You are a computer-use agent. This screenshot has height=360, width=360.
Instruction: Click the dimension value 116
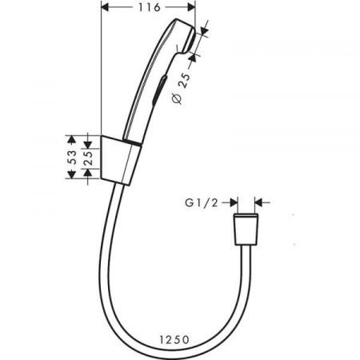[x=146, y=7]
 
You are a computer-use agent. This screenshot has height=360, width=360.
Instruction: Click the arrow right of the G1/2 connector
[x=263, y=204]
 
